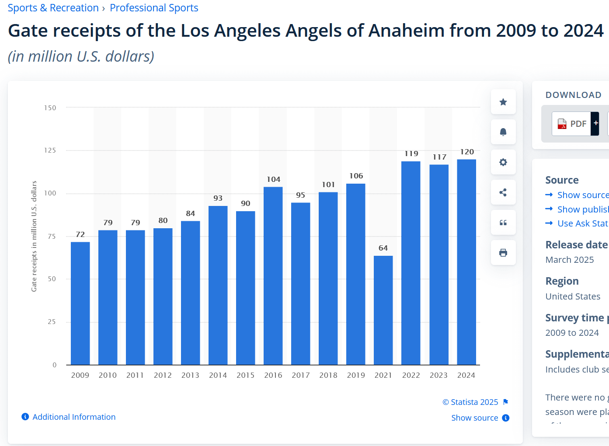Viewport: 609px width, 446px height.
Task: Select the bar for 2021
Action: [383, 310]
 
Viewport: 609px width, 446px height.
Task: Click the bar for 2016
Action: [273, 275]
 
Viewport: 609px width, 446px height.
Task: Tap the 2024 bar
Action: [466, 262]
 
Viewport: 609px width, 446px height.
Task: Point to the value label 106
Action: [356, 176]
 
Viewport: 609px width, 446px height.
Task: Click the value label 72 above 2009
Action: [80, 234]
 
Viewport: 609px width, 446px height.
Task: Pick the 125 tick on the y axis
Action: [50, 150]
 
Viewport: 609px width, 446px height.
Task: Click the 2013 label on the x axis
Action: [190, 375]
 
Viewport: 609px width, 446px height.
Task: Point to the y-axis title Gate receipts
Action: [34, 236]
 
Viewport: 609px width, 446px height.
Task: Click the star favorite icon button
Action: [503, 102]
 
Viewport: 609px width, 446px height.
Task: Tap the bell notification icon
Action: [503, 132]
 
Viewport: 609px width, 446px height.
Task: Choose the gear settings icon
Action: [503, 162]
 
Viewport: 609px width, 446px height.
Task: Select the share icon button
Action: [503, 192]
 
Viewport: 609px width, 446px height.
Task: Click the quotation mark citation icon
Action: [503, 223]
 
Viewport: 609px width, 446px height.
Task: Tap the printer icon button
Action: [503, 253]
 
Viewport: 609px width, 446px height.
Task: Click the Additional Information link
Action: [74, 417]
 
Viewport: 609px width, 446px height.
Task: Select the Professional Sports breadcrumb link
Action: [154, 8]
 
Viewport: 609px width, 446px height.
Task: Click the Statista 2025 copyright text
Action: [470, 402]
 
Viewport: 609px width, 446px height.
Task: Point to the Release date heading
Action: [576, 245]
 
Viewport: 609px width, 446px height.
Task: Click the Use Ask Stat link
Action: [582, 223]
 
